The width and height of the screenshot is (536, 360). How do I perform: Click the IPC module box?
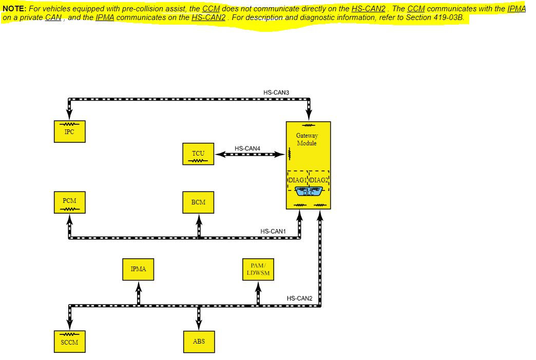(69, 131)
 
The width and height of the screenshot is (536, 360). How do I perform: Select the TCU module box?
(198, 154)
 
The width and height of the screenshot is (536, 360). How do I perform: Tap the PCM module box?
(69, 202)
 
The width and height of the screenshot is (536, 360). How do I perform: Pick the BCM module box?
(198, 202)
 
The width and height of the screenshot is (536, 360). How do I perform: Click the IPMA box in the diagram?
(138, 269)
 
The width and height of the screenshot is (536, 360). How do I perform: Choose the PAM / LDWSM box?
(258, 269)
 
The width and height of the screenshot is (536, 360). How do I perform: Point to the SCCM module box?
(69, 342)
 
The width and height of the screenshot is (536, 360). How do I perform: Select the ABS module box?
(198, 342)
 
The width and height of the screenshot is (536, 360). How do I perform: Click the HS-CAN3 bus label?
(276, 92)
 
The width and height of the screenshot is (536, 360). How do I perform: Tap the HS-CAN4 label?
(247, 148)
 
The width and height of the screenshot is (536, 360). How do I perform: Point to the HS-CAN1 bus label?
(273, 232)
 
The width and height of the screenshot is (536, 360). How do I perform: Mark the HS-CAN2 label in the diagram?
(299, 298)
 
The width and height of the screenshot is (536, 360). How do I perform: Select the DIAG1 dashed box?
(297, 180)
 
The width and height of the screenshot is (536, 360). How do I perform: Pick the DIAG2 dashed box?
(319, 180)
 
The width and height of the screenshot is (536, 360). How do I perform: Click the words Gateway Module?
(307, 139)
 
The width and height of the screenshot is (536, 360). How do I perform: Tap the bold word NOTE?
(14, 9)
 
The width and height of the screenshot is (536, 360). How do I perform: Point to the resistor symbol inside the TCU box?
(198, 160)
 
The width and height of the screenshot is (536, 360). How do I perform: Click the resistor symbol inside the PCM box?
(69, 208)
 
